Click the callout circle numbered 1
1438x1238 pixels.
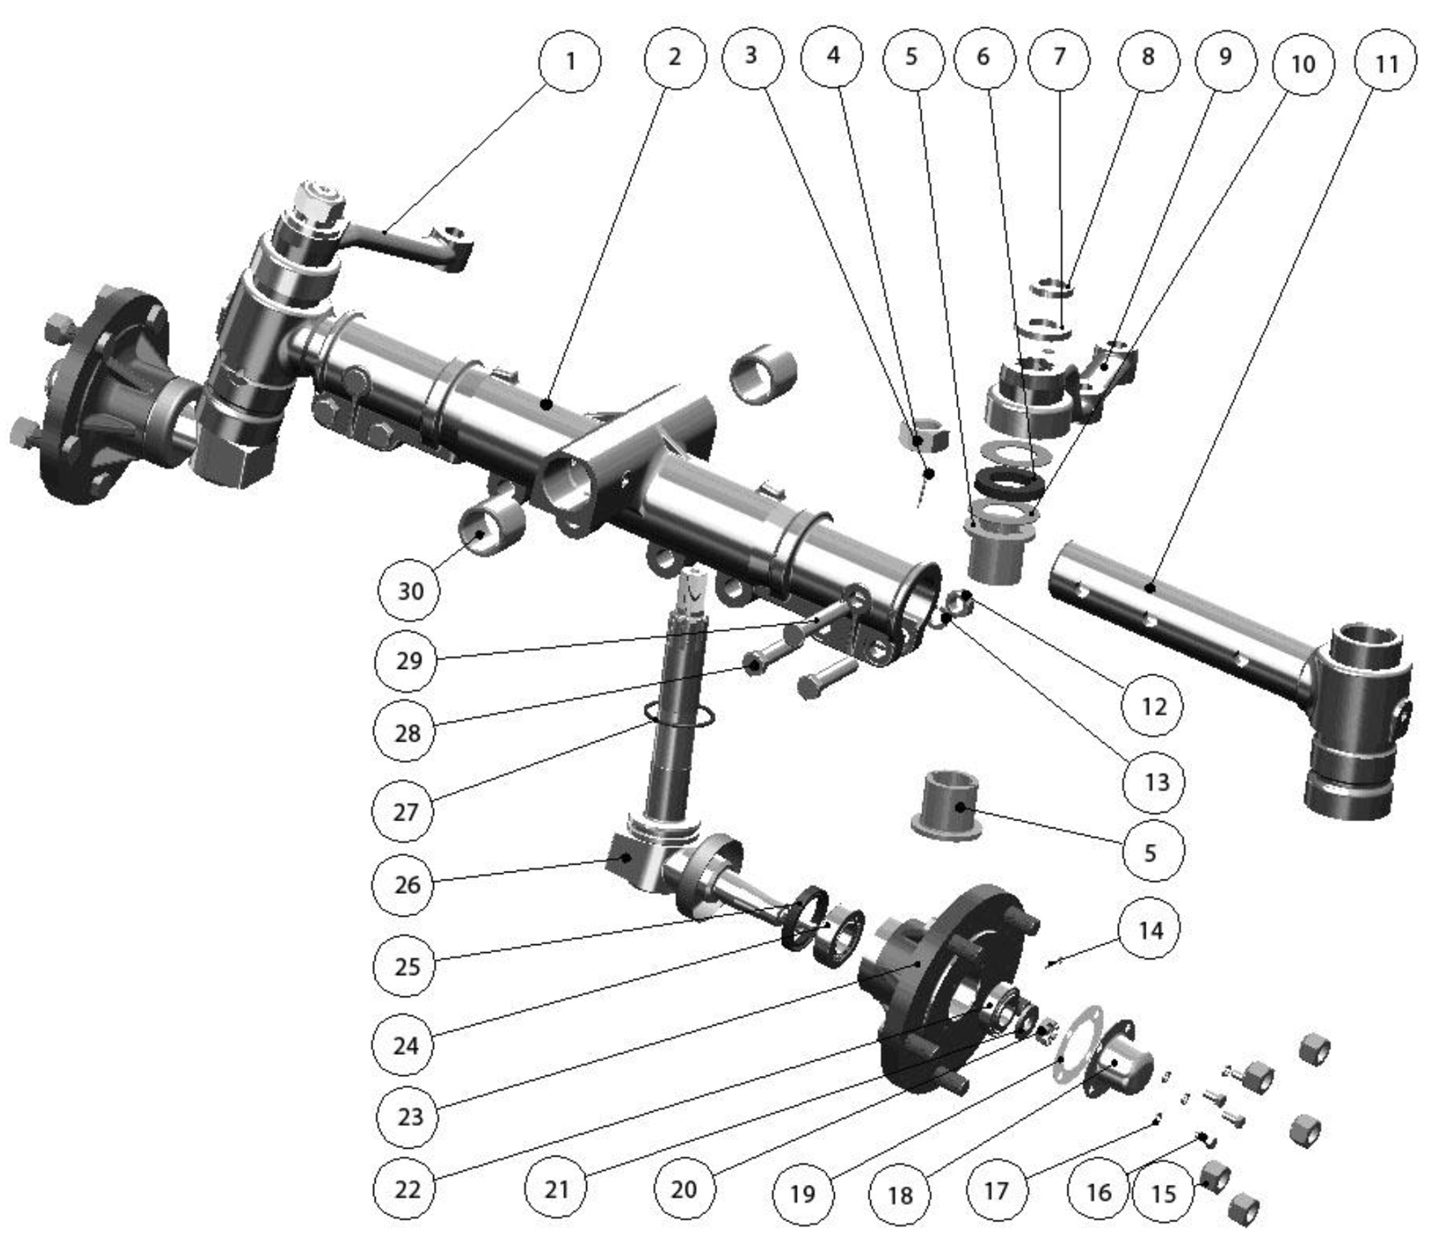(569, 61)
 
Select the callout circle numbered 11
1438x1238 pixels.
(1387, 63)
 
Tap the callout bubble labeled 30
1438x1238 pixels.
(410, 591)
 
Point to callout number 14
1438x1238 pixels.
(1150, 930)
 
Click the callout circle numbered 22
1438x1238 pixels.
(407, 1189)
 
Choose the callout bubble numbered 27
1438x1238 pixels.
(405, 811)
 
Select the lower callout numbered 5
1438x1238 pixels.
(1150, 851)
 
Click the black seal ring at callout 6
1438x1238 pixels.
(1009, 483)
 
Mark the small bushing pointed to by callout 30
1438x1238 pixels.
(491, 528)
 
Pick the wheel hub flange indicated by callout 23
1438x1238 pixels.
(944, 984)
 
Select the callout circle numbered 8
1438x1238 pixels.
(1148, 58)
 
